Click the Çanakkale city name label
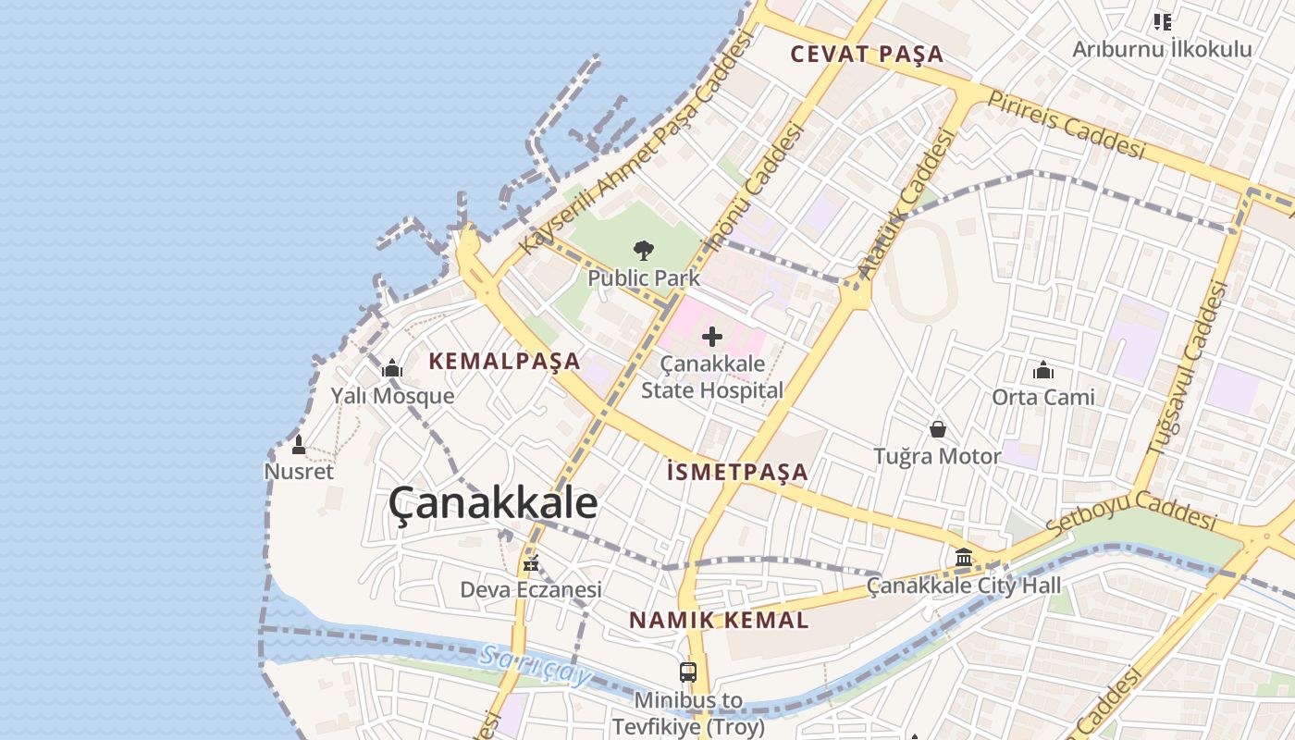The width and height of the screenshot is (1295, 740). [492, 504]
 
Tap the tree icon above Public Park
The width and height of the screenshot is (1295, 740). [643, 250]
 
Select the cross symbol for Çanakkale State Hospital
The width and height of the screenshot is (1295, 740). [712, 337]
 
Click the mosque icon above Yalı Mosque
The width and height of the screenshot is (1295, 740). [392, 369]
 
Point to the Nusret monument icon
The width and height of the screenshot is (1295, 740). [298, 445]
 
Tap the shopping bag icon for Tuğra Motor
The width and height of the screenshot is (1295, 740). [937, 429]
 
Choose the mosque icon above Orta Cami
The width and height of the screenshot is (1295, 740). [1043, 371]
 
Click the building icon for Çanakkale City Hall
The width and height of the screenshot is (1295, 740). [964, 558]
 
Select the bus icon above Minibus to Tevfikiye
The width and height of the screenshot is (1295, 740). [687, 672]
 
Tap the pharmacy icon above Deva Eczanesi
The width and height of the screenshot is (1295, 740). [531, 562]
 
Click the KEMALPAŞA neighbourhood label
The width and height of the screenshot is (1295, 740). [505, 362]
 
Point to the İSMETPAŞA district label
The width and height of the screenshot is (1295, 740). [737, 473]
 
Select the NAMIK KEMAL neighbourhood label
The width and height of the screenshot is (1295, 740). [719, 621]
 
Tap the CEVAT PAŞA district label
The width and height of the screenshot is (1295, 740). [867, 55]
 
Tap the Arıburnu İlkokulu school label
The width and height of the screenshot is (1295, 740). [1162, 50]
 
